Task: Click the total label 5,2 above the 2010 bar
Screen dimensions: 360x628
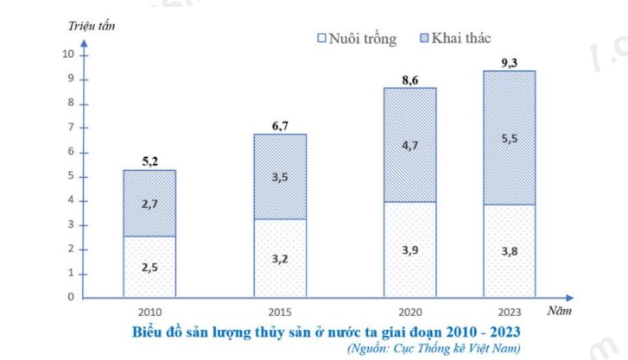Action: coord(149,161)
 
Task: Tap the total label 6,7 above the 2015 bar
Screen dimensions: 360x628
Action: coord(280,125)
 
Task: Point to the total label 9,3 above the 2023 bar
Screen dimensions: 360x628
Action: coord(509,62)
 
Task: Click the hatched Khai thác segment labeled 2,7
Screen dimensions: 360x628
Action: coord(149,204)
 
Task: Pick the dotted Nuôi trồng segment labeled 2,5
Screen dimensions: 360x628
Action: coord(149,267)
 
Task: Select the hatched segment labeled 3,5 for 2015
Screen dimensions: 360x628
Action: coord(280,177)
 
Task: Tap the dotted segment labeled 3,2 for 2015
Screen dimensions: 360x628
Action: coord(280,257)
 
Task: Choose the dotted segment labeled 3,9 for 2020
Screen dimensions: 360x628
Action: coord(409,249)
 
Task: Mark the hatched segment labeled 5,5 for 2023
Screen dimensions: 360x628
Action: coord(509,137)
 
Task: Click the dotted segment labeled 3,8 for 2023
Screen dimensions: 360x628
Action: coord(509,251)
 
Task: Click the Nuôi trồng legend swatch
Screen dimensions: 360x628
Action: coord(322,38)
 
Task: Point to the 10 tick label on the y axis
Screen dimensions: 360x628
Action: coord(70,54)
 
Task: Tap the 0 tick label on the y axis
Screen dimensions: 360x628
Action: coord(73,298)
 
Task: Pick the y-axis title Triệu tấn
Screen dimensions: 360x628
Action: coord(92,24)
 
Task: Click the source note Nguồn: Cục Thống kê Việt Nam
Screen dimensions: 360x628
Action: coord(434,348)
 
